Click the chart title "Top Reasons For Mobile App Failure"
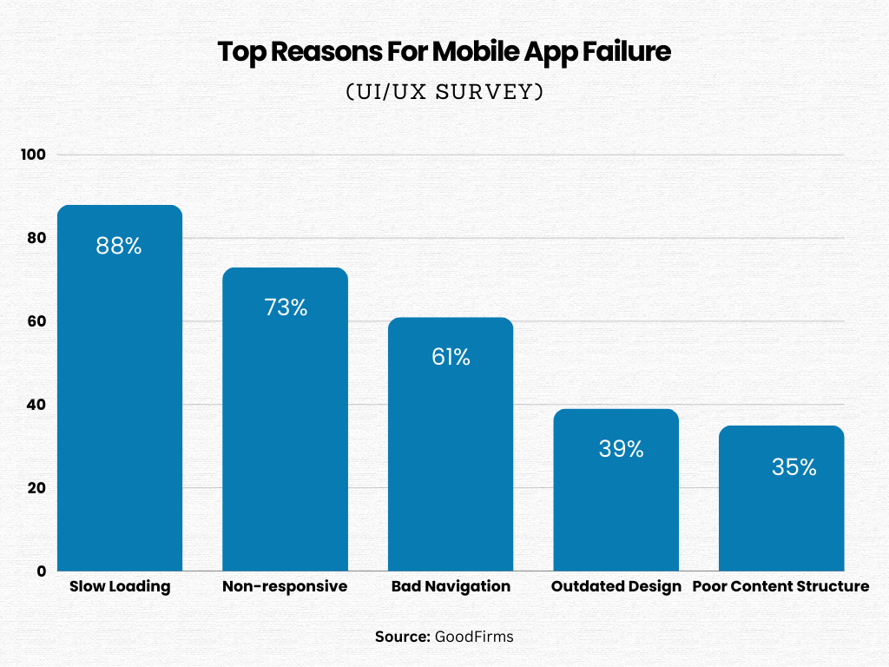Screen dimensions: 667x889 (444, 52)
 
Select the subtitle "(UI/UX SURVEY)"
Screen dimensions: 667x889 (444, 92)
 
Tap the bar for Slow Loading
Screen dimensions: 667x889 (120, 400)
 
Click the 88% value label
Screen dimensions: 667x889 (119, 246)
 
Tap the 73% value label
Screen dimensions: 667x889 (286, 307)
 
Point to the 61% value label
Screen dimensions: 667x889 (451, 357)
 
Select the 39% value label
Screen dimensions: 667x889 (621, 449)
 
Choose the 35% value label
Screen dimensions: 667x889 (794, 467)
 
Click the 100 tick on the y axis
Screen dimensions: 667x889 (33, 155)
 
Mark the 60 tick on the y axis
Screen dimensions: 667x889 (36, 321)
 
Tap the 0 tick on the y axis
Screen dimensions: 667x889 (41, 571)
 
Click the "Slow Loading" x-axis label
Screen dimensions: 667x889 (120, 586)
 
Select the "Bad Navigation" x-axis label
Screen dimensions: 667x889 (451, 586)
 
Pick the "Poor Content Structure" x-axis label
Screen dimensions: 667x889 (780, 586)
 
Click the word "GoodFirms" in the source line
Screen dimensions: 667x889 (474, 637)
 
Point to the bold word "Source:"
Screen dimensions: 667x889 (403, 637)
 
